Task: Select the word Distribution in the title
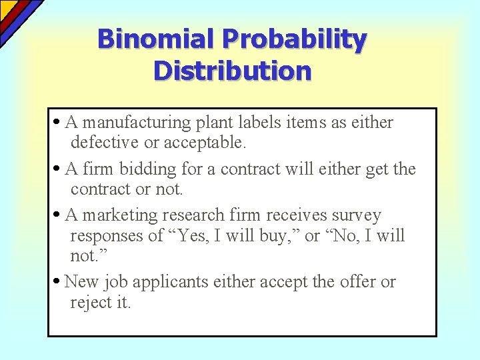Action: coord(232,70)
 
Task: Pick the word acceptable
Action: coord(207,143)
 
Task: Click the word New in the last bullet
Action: coord(81,282)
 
